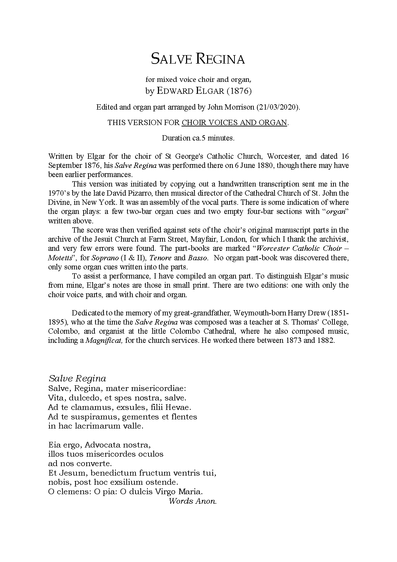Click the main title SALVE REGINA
tap(198, 59)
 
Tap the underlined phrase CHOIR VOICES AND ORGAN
tap(234, 123)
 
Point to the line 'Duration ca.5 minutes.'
tap(198, 138)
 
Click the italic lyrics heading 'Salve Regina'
tap(77, 379)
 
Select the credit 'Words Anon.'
tap(193, 501)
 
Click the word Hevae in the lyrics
tap(178, 407)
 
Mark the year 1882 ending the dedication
tap(323, 340)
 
